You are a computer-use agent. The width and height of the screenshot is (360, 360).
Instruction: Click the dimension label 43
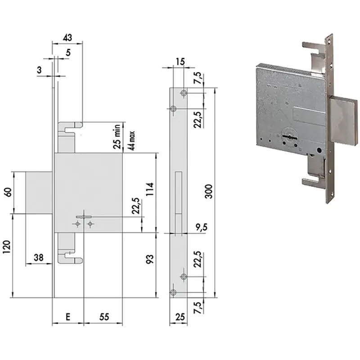click(x=67, y=37)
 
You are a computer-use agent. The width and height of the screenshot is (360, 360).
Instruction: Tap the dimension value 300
click(x=209, y=191)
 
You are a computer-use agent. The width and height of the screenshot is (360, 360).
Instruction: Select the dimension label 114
click(x=150, y=189)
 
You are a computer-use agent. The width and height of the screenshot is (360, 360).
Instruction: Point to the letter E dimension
click(x=68, y=317)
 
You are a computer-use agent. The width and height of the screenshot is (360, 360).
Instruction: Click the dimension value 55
click(x=104, y=317)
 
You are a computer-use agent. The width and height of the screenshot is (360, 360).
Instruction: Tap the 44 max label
click(x=131, y=141)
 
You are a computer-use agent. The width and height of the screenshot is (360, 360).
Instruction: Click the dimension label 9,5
click(x=201, y=227)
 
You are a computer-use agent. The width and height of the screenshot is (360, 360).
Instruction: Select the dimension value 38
click(x=38, y=257)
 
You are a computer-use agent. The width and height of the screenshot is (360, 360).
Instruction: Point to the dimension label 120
click(x=7, y=247)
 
